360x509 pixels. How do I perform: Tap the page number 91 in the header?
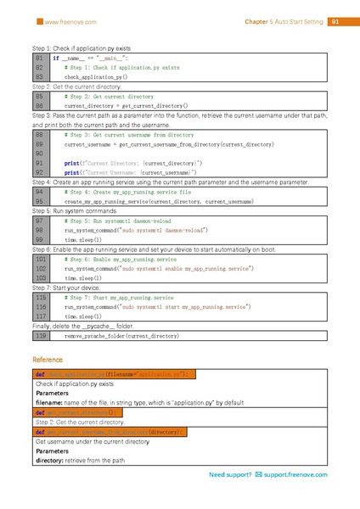335,21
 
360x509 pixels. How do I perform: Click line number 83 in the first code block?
40,76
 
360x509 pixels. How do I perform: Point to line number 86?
40,105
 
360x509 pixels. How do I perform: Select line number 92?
40,171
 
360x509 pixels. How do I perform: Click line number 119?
40,336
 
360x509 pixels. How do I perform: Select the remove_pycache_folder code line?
127,336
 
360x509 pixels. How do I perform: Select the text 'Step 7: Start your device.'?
66,289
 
